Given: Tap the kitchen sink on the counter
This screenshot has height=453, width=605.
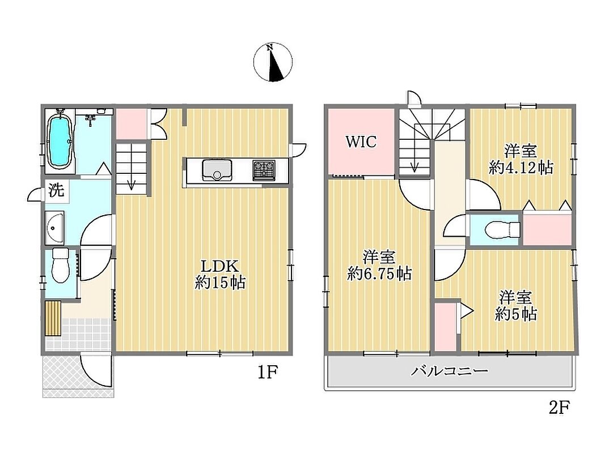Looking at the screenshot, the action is coord(217,169).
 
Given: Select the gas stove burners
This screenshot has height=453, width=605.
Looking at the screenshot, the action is coord(264,170).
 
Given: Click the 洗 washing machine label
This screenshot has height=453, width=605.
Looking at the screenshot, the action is coord(56,190).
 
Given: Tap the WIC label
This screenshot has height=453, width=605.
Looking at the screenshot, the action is coord(361,142).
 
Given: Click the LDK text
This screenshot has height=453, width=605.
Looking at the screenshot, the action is coord(220,266).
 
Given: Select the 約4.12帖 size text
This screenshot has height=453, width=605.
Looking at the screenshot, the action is coord(521,168).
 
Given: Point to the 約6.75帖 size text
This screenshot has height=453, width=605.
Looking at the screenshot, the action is coord(379,274).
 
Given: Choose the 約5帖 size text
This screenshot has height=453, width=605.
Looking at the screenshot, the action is coord(515,314).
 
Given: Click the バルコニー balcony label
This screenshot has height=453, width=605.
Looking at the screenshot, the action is coord(449,371).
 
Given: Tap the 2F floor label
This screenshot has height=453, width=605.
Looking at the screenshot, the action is coord(560,407).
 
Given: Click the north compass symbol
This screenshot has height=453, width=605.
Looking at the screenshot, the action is coord(273,62).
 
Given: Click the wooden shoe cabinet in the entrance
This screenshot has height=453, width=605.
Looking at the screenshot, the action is coord(53,318).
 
